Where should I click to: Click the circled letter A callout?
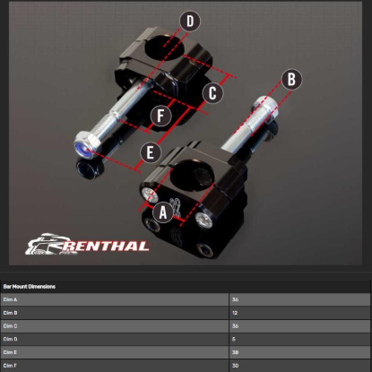(x=162, y=212)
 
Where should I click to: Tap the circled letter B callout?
(x=290, y=79)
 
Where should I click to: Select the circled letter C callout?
(x=212, y=92)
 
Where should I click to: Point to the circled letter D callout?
(x=189, y=21)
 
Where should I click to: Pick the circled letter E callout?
(x=150, y=153)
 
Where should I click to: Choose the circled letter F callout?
(x=160, y=115)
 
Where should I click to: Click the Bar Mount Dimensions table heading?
(x=30, y=287)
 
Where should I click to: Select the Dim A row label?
(x=11, y=299)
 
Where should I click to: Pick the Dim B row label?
(x=11, y=313)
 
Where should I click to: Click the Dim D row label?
(x=11, y=340)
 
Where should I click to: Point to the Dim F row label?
(x=11, y=366)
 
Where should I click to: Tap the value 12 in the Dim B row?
(x=235, y=313)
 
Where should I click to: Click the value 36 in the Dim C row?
(x=235, y=326)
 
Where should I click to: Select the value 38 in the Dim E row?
(x=235, y=352)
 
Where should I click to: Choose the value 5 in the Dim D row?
(x=234, y=340)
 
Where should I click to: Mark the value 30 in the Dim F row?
(x=235, y=366)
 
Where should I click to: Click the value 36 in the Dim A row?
(x=235, y=299)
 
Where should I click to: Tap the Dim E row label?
(x=11, y=352)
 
